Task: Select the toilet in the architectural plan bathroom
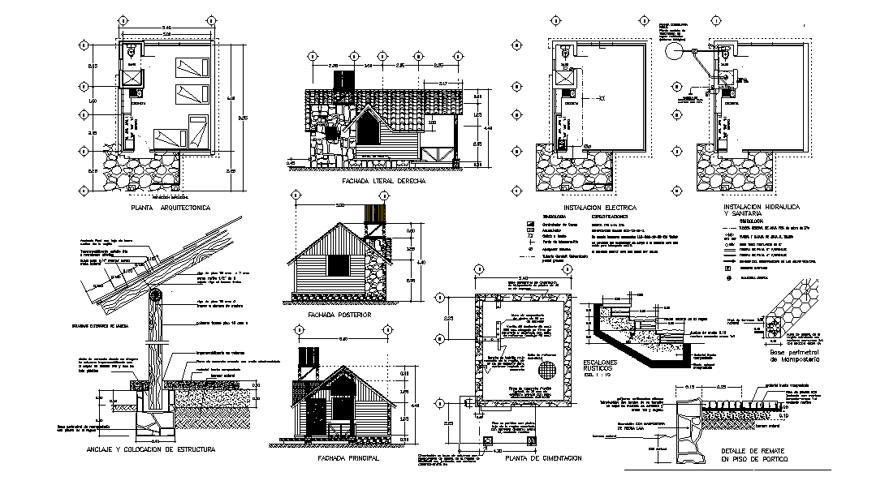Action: pyautogui.click(x=132, y=52)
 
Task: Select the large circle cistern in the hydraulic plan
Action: pyautogui.click(x=673, y=50)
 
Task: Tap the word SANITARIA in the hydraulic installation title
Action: pyautogui.click(x=745, y=213)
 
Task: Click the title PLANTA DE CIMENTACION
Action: pyautogui.click(x=542, y=458)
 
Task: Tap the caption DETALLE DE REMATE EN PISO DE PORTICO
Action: pyautogui.click(x=754, y=456)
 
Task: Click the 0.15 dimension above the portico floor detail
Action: pyautogui.click(x=689, y=388)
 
